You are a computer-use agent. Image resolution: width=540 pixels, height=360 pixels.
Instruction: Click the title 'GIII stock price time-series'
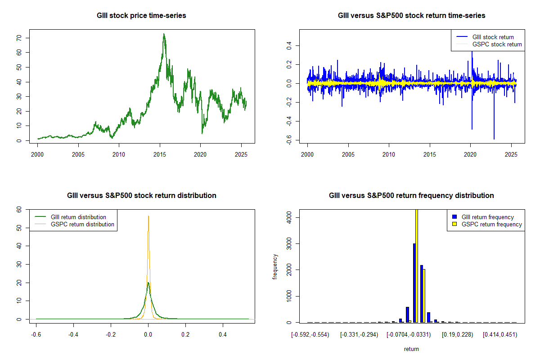point(141,16)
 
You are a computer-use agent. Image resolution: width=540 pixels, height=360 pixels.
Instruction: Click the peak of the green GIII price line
point(164,34)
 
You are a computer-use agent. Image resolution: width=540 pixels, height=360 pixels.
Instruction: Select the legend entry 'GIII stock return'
point(493,37)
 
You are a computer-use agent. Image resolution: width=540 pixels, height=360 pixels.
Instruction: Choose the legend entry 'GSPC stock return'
point(497,45)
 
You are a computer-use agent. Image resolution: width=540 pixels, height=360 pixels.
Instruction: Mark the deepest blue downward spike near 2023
point(494,139)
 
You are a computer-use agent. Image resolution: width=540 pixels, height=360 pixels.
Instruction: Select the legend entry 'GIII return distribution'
point(78,217)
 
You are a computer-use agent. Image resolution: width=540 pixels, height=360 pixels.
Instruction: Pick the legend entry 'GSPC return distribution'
point(82,225)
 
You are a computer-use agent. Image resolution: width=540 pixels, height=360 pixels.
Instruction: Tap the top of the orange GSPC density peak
point(148,216)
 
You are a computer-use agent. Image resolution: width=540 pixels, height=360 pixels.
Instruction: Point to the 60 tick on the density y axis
point(19,210)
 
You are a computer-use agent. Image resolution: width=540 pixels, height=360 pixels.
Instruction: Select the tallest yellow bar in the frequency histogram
point(417,265)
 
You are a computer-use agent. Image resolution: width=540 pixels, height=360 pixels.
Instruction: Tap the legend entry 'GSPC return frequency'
point(491,225)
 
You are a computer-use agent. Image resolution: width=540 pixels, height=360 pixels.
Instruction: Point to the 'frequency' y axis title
point(275,267)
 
